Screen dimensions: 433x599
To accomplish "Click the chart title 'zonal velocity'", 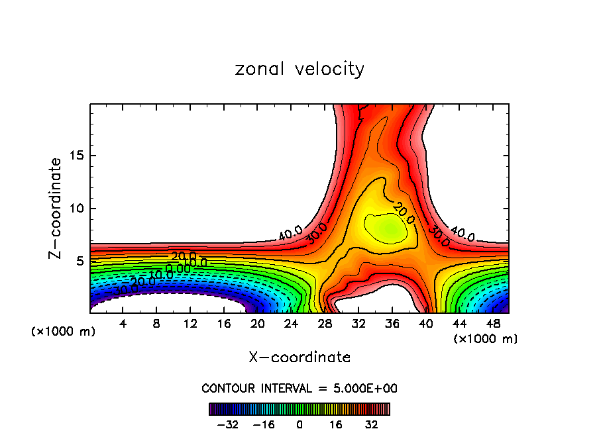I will (x=299, y=69).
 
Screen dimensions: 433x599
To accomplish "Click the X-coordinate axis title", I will (x=299, y=358).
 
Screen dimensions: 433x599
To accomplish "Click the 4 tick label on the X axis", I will (x=123, y=324).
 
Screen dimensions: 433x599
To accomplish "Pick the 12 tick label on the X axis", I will (x=190, y=324).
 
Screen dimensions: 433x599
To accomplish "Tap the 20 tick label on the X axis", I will (x=258, y=324).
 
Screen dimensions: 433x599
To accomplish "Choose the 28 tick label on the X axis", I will (x=325, y=324).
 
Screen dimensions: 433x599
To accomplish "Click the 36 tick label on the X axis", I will (x=392, y=324).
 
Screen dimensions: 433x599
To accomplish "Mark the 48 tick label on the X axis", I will (x=493, y=324).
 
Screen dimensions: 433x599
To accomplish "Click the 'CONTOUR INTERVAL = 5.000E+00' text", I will (x=299, y=388).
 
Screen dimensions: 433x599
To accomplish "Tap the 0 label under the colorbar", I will (x=299, y=424).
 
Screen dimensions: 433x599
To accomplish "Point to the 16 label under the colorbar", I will (x=336, y=424).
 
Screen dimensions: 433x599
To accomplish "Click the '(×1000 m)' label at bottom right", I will (x=485, y=339).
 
